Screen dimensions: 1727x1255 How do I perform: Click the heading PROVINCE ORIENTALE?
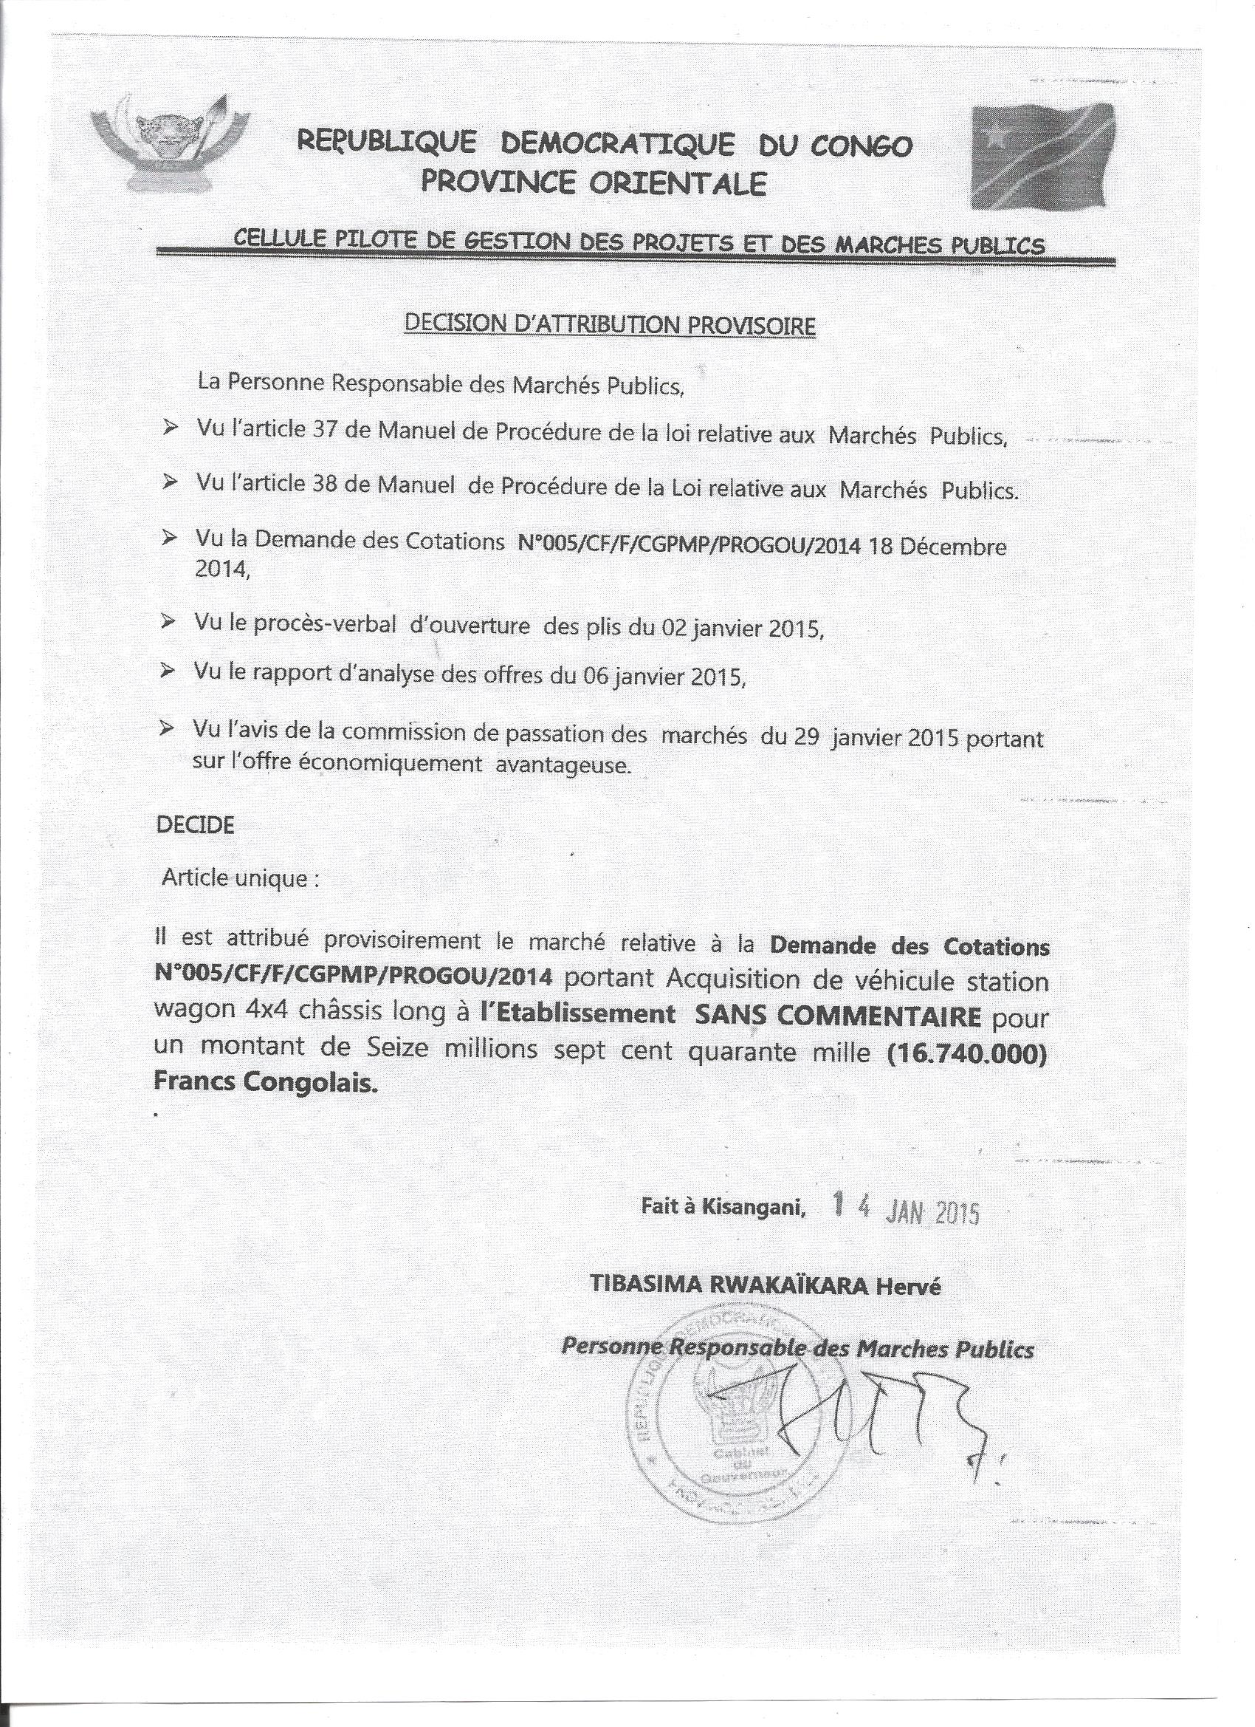click(593, 184)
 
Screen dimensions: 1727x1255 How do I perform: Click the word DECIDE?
click(194, 825)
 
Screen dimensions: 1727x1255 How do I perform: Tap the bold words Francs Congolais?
click(266, 1084)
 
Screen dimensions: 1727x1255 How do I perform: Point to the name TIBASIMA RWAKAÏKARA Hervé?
click(765, 1286)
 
